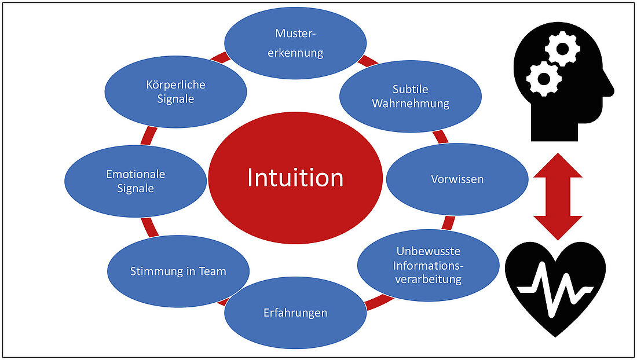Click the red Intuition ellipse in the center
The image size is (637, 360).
pyautogui.click(x=295, y=178)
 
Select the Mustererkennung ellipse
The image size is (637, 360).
pyautogui.click(x=295, y=42)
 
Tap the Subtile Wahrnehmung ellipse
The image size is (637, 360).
pyautogui.click(x=410, y=96)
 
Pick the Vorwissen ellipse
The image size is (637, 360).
pyautogui.click(x=457, y=179)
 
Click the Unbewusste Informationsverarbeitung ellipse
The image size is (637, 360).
pyautogui.click(x=428, y=265)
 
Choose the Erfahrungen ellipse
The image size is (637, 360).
pyautogui.click(x=295, y=313)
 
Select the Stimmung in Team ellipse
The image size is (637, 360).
pyautogui.click(x=178, y=271)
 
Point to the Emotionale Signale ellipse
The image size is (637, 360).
pyautogui.click(x=136, y=181)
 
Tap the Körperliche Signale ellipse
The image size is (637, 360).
pyautogui.click(x=176, y=91)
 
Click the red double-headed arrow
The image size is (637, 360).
pyautogui.click(x=558, y=196)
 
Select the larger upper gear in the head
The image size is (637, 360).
pyautogui.click(x=562, y=50)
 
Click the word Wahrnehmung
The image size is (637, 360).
pyautogui.click(x=410, y=104)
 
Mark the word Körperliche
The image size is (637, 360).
pyautogui.click(x=176, y=85)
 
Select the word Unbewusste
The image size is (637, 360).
pyautogui.click(x=428, y=251)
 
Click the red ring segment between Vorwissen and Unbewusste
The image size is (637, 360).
pyautogui.click(x=449, y=223)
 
